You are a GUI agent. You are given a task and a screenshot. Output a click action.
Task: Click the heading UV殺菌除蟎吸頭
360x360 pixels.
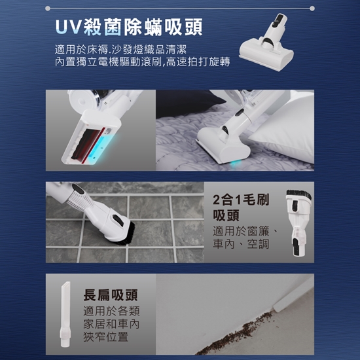(129, 27)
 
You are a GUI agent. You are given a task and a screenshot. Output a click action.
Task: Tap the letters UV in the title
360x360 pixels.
(69, 27)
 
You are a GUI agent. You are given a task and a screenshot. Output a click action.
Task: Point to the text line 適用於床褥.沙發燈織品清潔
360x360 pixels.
(120, 49)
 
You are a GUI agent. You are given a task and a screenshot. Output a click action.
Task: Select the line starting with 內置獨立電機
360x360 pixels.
(142, 62)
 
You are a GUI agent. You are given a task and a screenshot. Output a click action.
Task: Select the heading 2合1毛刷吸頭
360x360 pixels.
(241, 207)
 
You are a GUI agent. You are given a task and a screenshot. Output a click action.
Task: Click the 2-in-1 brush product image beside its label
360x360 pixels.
(298, 223)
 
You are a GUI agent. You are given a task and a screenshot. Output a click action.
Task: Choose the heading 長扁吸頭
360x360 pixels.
(111, 295)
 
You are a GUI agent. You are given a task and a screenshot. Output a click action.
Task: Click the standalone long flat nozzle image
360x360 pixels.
(65, 314)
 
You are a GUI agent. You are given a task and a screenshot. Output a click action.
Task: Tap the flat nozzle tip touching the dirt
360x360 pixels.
(276, 308)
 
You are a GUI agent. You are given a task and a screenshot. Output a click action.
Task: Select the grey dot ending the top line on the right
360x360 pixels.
(312, 9)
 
